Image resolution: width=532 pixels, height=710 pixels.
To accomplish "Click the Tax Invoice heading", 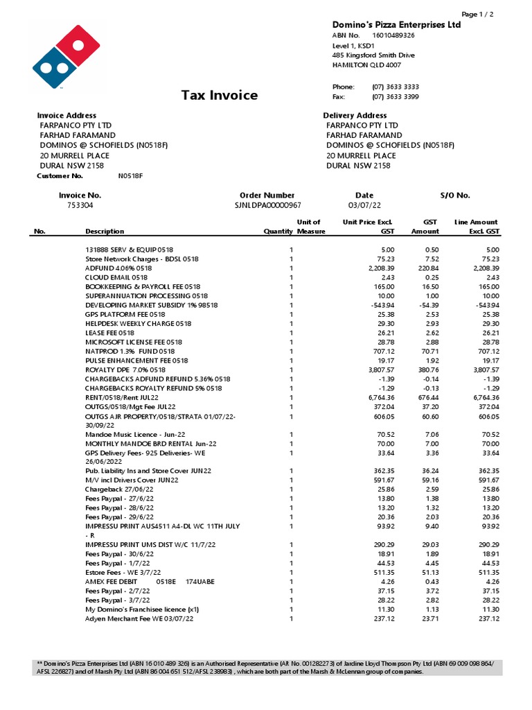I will click(220, 96).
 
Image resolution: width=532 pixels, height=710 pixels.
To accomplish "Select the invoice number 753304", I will click(80, 206).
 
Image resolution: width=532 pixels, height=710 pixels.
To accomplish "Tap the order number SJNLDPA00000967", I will click(267, 206).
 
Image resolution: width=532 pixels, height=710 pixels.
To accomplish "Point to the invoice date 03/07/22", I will click(364, 206).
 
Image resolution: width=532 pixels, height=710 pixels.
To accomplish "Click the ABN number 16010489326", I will click(393, 35).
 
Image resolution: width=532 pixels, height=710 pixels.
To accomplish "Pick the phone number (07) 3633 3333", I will click(396, 87).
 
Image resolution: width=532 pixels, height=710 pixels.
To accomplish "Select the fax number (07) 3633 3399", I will click(396, 97).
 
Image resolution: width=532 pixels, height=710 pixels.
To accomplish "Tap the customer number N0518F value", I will click(130, 177).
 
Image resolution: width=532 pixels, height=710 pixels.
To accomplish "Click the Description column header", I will click(105, 232).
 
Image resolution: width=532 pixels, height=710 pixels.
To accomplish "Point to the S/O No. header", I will click(455, 196).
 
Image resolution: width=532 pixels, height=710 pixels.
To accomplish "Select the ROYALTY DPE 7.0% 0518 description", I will click(125, 370).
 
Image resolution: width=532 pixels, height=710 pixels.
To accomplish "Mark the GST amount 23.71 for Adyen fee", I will click(429, 618).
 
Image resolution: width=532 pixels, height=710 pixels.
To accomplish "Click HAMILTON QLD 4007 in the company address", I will click(366, 64).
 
